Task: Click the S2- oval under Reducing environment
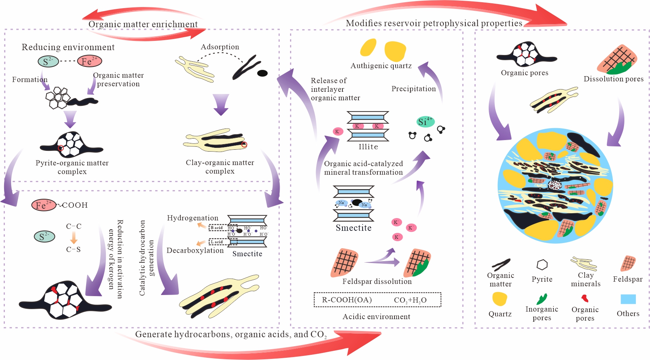coord(48,61)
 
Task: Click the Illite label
coord(368,147)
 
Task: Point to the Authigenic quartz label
coord(381,66)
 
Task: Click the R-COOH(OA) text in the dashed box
coord(347,300)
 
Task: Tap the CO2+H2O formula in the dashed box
coord(410,300)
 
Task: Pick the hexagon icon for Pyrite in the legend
coord(542,265)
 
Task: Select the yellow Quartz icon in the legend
coord(500,299)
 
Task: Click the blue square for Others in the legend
coord(628,299)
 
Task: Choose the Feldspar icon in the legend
coord(628,263)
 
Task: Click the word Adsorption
coord(220,47)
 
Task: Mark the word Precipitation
coord(413,89)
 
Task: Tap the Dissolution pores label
coord(613,79)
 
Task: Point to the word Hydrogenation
coord(192,218)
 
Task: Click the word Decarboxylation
coord(195,251)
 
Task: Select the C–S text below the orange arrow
coord(74,250)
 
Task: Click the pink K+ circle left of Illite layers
coord(338,131)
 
